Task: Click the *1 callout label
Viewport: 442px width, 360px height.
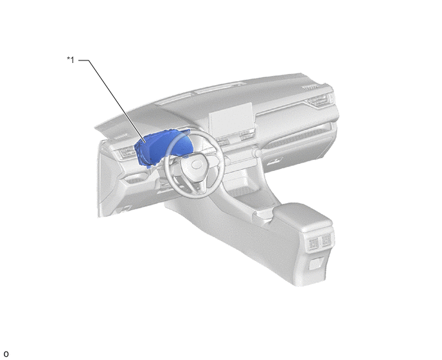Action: [x=71, y=60]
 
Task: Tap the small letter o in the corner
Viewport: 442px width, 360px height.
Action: [x=6, y=354]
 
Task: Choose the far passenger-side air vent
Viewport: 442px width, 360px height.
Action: [x=318, y=101]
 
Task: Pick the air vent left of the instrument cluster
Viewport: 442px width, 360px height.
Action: [x=126, y=152]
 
